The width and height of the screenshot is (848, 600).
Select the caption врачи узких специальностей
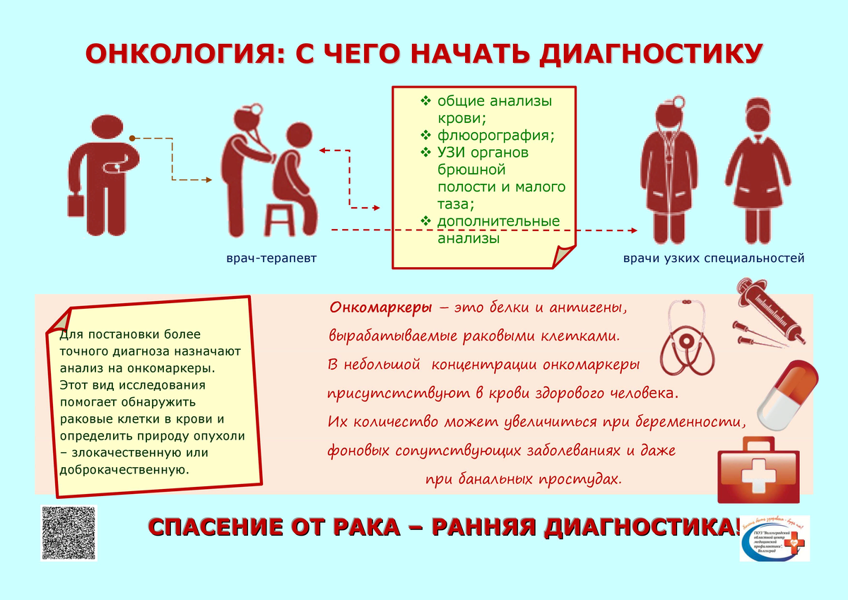click(x=714, y=259)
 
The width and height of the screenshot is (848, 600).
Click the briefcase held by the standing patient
click(x=76, y=207)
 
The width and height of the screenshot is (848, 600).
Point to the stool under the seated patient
click(x=280, y=218)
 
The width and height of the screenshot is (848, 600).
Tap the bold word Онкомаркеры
click(x=381, y=309)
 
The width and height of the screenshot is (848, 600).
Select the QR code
click(x=69, y=533)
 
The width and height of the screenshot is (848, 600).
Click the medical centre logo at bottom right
click(x=774, y=539)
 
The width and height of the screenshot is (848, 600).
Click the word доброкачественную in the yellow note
click(x=124, y=469)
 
